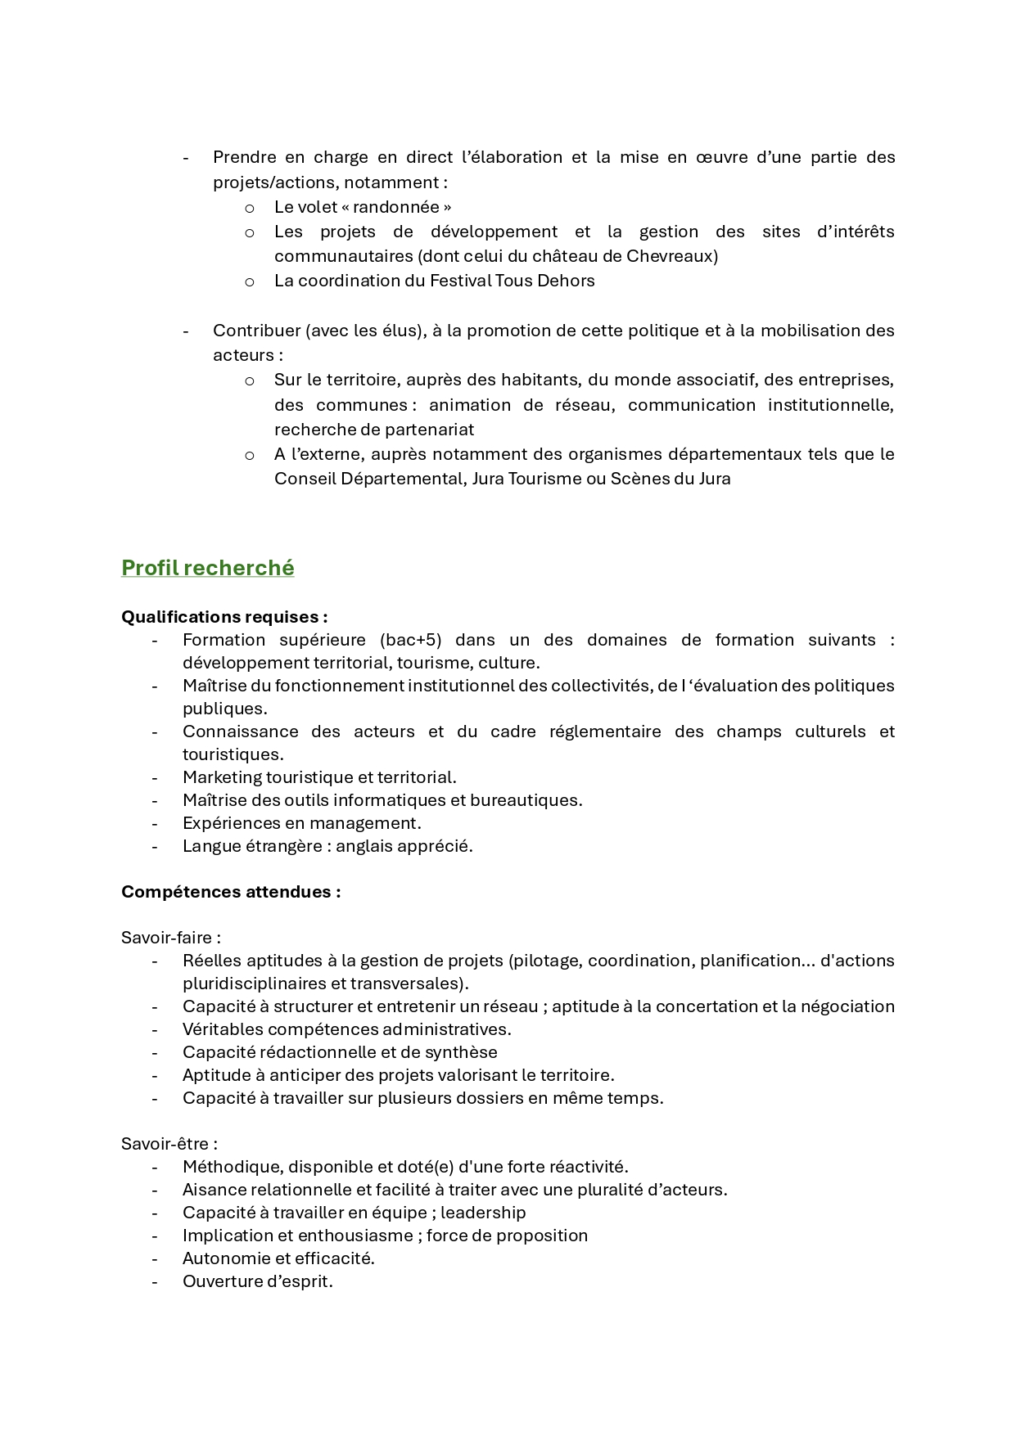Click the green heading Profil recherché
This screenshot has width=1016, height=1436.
(x=207, y=568)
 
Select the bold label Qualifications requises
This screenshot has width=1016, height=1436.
(x=224, y=617)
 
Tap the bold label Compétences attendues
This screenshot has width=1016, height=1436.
(x=230, y=892)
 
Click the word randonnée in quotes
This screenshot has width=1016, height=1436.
(x=396, y=207)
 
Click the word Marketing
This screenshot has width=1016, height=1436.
(x=221, y=777)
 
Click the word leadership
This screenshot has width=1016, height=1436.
(x=483, y=1213)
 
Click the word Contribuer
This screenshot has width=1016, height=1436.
(x=255, y=331)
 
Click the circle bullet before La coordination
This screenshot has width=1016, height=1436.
(x=250, y=281)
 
